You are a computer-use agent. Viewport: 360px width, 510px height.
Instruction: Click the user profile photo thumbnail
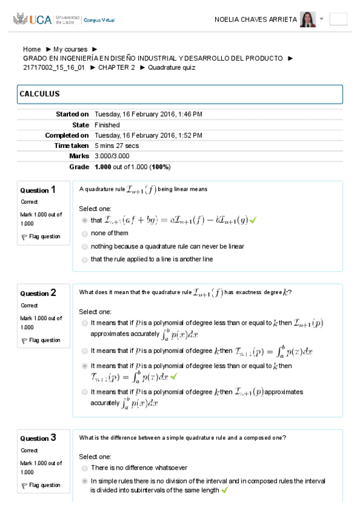308,19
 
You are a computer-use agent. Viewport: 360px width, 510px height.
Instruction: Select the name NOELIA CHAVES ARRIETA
255,19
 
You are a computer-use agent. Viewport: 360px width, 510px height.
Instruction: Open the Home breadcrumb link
32,49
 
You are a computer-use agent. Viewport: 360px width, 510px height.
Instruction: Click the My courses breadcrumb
70,49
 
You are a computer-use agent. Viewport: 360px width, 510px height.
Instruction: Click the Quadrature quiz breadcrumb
171,67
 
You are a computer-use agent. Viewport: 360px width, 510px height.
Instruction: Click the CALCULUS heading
40,94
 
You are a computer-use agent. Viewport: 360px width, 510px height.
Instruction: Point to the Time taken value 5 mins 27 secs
117,146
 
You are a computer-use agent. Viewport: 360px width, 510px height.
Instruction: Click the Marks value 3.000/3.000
112,156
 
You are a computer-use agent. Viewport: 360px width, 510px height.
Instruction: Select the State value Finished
107,125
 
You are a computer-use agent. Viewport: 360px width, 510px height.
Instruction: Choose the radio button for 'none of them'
85,233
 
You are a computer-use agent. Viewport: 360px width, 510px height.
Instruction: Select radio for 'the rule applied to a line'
85,260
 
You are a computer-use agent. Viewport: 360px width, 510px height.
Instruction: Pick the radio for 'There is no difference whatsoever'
85,468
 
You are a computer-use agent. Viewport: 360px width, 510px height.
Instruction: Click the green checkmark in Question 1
253,221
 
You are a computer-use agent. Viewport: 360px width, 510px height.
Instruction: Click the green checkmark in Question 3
225,490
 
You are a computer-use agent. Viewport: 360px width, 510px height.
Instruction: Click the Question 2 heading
38,293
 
